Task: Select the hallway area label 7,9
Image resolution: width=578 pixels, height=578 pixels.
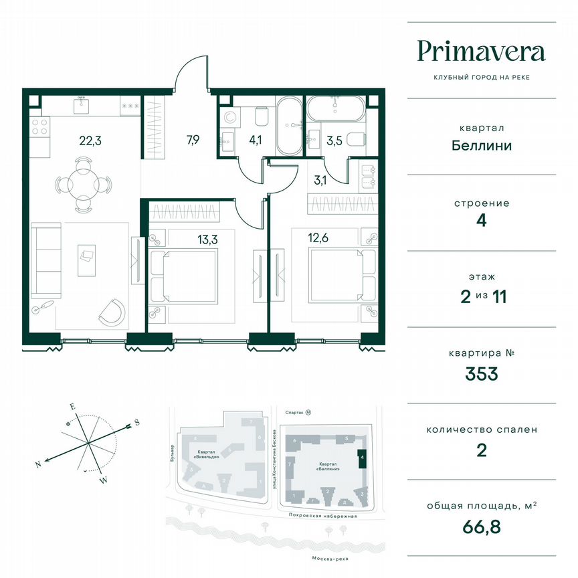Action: (193, 140)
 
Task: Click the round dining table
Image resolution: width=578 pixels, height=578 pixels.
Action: (83, 183)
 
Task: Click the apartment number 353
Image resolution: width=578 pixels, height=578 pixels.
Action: (481, 374)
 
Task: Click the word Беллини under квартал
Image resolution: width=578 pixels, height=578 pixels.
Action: (481, 145)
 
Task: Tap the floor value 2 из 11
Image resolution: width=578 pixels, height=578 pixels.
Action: (481, 297)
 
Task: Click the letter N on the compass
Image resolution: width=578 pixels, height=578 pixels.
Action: (39, 464)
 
